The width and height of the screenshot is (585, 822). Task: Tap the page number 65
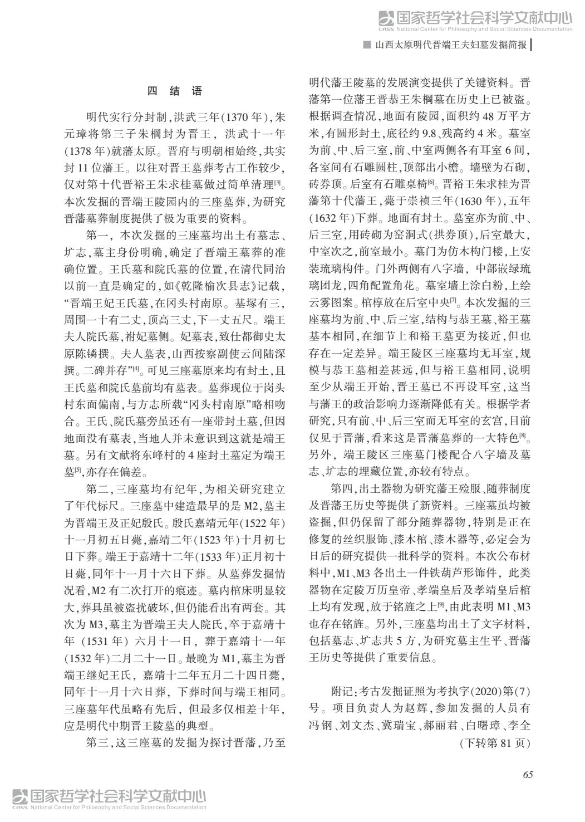pyautogui.click(x=528, y=775)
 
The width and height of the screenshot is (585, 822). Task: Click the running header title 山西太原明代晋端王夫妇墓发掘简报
pyautogui.click(x=450, y=45)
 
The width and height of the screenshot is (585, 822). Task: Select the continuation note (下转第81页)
pyautogui.click(x=494, y=743)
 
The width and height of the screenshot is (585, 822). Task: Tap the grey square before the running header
pyautogui.click(x=367, y=45)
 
